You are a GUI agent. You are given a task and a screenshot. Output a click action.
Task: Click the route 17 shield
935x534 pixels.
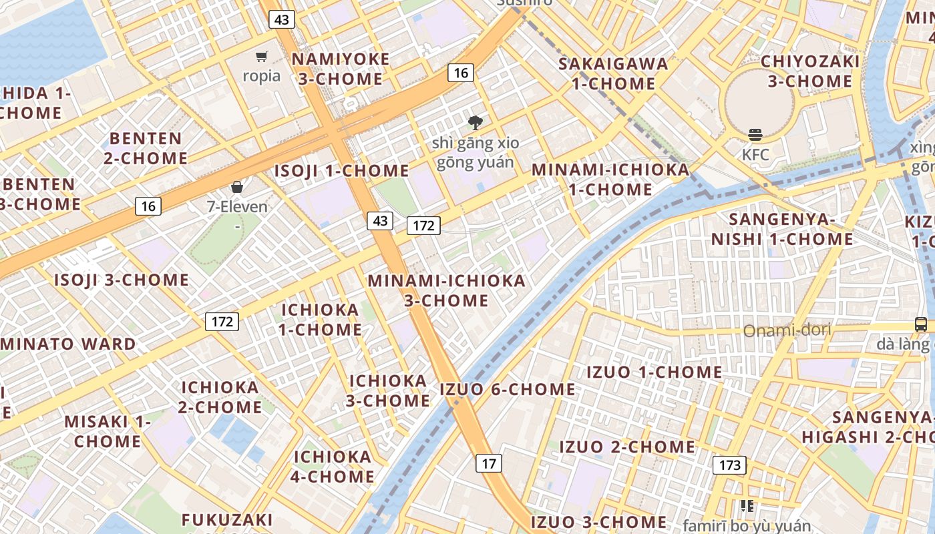pyautogui.click(x=490, y=463)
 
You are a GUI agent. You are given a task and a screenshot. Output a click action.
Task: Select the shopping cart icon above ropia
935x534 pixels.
pyautogui.click(x=262, y=57)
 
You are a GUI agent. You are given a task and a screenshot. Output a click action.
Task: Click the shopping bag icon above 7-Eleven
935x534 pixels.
pyautogui.click(x=236, y=187)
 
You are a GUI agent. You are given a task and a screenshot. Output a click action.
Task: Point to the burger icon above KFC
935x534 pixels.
pyautogui.click(x=755, y=135)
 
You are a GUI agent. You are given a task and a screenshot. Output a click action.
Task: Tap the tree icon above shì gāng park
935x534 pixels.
pyautogui.click(x=476, y=122)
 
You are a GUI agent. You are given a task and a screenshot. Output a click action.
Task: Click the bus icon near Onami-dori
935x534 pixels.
pyautogui.click(x=920, y=324)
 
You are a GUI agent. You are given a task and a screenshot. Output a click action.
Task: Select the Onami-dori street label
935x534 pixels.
pyautogui.click(x=787, y=330)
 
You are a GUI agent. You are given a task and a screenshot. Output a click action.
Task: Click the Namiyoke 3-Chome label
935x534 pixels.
pyautogui.click(x=341, y=69)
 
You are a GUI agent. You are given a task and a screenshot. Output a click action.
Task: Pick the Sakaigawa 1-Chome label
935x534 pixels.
pyautogui.click(x=613, y=73)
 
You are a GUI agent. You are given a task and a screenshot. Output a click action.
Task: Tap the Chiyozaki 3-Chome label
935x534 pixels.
pyautogui.click(x=809, y=71)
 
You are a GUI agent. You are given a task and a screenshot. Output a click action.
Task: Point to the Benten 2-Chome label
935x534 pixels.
pyautogui.click(x=146, y=148)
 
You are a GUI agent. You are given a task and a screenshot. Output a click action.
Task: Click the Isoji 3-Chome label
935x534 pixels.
pyautogui.click(x=122, y=280)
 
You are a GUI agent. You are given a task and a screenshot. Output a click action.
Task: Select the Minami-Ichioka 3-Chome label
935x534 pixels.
pyautogui.click(x=446, y=290)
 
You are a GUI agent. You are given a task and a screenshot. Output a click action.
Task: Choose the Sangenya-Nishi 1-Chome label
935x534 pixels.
pyautogui.click(x=782, y=229)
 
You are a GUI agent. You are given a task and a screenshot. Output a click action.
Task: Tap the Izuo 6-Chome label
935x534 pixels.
pyautogui.click(x=508, y=389)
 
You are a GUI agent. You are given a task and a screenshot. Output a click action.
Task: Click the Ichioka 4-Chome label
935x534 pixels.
pyautogui.click(x=333, y=467)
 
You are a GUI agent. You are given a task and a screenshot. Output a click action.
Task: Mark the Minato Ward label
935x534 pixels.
pyautogui.click(x=68, y=344)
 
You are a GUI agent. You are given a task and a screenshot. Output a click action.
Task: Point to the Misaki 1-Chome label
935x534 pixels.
pyautogui.click(x=108, y=431)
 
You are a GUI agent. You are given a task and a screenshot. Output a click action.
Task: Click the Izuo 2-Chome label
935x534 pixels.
pyautogui.click(x=627, y=447)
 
